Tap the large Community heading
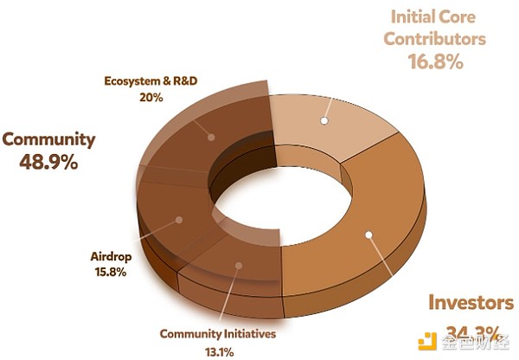tap(48, 138)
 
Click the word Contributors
tap(435, 39)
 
